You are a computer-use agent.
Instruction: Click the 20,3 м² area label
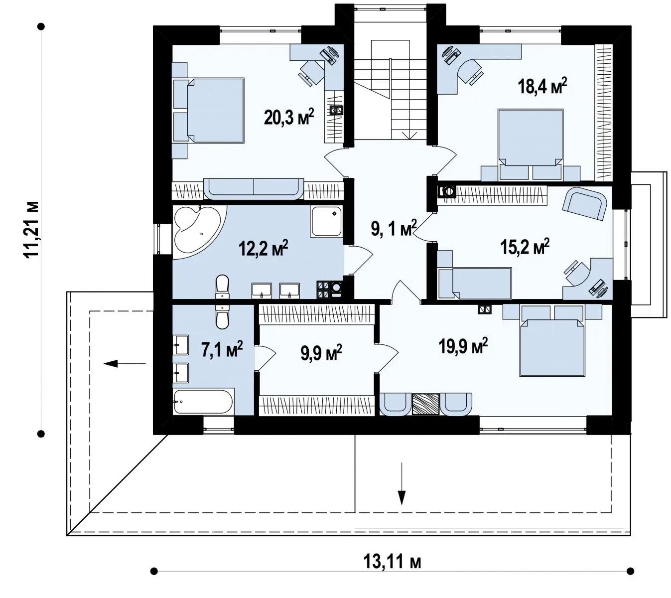click(288, 117)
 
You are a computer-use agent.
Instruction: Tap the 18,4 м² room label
click(542, 86)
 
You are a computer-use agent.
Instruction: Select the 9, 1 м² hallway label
click(394, 228)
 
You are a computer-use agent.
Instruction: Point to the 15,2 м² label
click(525, 247)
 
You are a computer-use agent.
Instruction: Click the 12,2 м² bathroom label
click(263, 248)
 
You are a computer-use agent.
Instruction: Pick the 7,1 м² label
click(222, 349)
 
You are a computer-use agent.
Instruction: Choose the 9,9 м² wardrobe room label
click(321, 352)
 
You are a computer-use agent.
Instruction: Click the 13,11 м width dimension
click(392, 562)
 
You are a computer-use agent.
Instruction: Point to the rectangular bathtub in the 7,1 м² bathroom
click(203, 402)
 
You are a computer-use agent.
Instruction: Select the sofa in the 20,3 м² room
click(254, 188)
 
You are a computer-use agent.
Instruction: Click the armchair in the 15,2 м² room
click(584, 203)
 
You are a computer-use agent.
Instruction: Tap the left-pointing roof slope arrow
click(125, 363)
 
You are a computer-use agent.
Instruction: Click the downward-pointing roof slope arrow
click(402, 483)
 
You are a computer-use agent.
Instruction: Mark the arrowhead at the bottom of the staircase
click(409, 136)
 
